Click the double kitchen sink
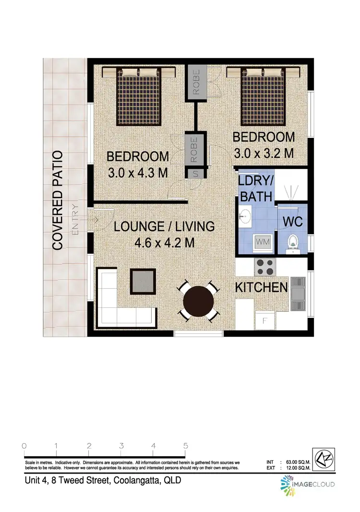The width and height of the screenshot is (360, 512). click(298, 293)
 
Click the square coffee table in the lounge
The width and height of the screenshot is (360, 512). click(143, 281)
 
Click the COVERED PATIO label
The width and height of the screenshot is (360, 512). click(58, 200)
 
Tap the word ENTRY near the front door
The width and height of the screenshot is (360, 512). click(74, 220)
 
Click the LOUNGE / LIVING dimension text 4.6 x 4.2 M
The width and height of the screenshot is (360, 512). click(164, 243)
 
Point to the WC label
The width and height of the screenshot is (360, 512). click(291, 222)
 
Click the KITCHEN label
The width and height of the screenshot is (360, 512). click(261, 288)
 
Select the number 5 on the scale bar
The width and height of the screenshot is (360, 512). click(185, 445)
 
